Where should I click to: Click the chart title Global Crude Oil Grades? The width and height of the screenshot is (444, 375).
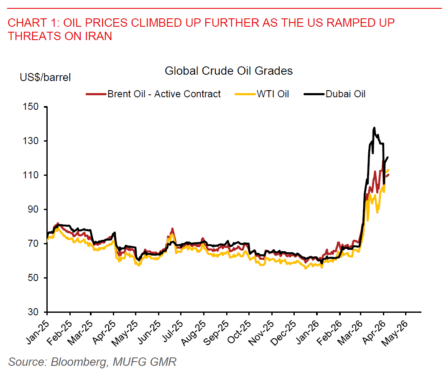228,71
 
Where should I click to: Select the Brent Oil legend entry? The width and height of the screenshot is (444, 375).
163,94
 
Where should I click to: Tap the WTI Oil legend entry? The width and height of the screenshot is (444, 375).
273,94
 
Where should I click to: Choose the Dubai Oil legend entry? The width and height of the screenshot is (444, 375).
346,94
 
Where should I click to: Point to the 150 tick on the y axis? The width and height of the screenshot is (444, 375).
33,107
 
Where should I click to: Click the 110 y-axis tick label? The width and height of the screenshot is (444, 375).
33,175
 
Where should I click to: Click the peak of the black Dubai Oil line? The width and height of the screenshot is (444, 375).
374,128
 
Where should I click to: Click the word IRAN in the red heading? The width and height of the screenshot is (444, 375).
98,36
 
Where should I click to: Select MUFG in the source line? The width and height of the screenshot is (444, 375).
131,362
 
